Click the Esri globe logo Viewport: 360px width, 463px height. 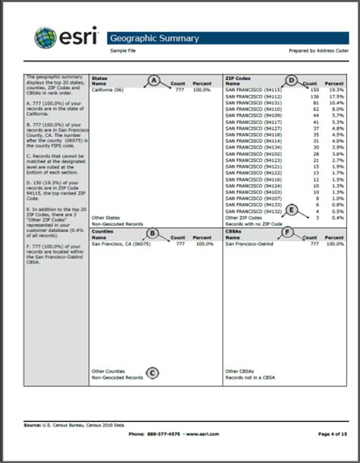45,38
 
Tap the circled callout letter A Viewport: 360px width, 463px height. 153,80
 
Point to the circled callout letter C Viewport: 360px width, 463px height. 153,373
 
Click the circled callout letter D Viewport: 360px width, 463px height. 291,79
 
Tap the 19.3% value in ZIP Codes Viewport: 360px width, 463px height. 335,90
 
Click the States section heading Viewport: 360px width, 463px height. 99,78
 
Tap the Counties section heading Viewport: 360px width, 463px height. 103,233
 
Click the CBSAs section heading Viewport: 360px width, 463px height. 234,233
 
